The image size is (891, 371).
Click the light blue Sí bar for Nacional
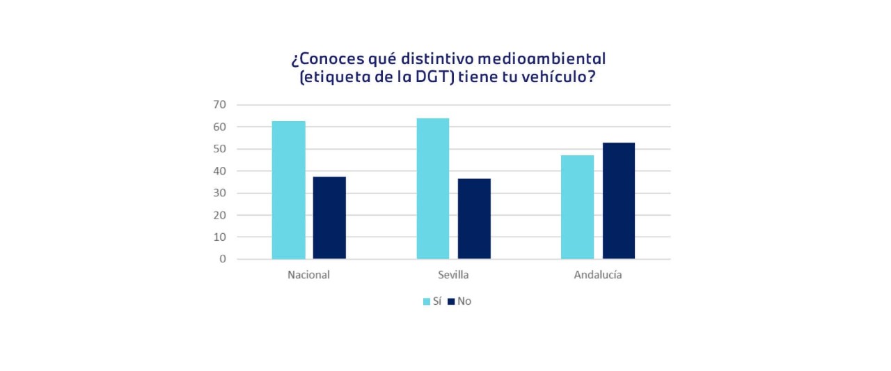click(x=288, y=190)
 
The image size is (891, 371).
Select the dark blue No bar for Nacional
click(x=329, y=218)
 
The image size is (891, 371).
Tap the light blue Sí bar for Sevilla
click(x=433, y=189)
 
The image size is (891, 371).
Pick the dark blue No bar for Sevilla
click(x=474, y=219)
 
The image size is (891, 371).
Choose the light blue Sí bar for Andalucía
click(x=577, y=207)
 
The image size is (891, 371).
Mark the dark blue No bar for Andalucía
click(x=619, y=200)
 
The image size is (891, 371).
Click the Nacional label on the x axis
click(x=308, y=274)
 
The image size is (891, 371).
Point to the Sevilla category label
click(x=453, y=274)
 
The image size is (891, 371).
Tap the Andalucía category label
click(x=598, y=274)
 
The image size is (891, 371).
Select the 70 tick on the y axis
click(x=220, y=104)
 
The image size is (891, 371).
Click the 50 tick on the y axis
click(x=220, y=149)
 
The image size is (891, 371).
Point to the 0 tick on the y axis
click(x=223, y=259)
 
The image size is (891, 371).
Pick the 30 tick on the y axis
click(x=220, y=193)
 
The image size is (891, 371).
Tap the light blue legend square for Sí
click(x=427, y=301)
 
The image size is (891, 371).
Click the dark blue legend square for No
click(x=450, y=301)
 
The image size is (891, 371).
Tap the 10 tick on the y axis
click(x=220, y=237)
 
